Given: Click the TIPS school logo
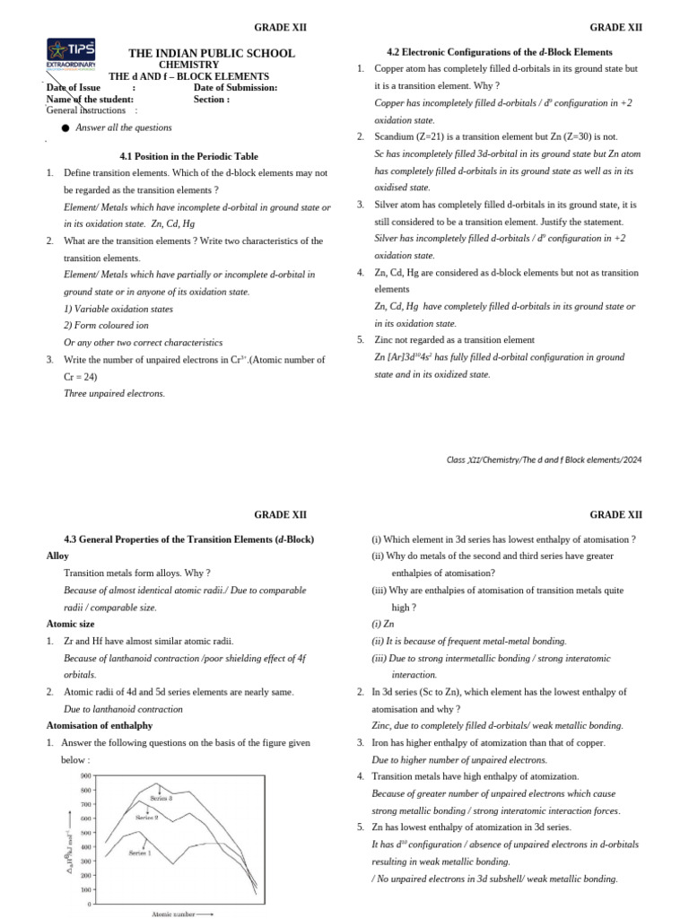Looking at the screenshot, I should (x=71, y=55).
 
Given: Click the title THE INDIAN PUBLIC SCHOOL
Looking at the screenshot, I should (x=212, y=54).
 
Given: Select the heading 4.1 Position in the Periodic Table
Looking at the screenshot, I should (x=188, y=155).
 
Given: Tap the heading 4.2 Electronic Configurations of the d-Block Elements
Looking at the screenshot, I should (x=499, y=52).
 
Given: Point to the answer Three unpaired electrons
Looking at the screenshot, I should (x=115, y=393).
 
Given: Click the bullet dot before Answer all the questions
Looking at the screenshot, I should (x=65, y=128).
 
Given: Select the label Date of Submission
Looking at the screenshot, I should (x=235, y=87).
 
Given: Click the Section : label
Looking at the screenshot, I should (x=212, y=100).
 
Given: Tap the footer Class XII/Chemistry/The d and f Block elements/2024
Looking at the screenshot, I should (x=544, y=459).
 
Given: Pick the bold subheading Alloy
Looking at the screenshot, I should (x=57, y=556).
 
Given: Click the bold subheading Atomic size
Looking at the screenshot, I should (x=71, y=623).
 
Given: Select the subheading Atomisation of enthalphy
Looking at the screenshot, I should (x=100, y=725).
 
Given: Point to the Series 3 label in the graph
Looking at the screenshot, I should (x=161, y=798).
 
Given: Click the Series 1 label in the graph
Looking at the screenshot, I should (x=140, y=853).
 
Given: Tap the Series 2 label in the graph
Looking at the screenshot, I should (x=147, y=818).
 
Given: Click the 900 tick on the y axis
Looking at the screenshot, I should (x=85, y=775).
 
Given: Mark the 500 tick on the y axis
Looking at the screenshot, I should (x=85, y=833).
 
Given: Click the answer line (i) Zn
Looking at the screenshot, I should (x=383, y=623).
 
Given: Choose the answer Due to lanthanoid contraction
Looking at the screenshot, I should (x=123, y=708).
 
